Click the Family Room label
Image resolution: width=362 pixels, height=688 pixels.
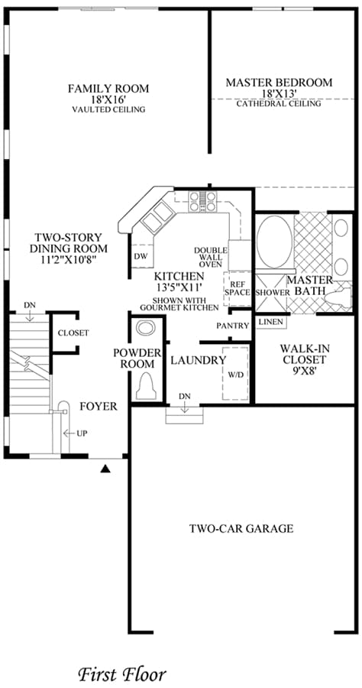pyautogui.click(x=108, y=89)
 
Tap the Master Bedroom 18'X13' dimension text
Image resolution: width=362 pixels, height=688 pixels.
pyautogui.click(x=280, y=93)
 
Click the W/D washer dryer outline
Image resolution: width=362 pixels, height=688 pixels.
pyautogui.click(x=235, y=373)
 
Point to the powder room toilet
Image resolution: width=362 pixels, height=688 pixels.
pyautogui.click(x=146, y=386)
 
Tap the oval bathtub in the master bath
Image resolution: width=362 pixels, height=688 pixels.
pyautogui.click(x=274, y=242)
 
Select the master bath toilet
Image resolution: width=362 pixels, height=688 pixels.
pyautogui.click(x=338, y=297)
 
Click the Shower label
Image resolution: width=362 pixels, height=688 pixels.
pyautogui.click(x=272, y=292)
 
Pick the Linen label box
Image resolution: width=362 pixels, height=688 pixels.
pyautogui.click(x=271, y=322)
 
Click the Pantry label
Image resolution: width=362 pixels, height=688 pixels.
pyautogui.click(x=233, y=326)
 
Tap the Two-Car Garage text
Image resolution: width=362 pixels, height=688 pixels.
pyautogui.click(x=241, y=528)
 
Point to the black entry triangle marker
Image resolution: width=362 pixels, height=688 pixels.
pyautogui.click(x=105, y=469)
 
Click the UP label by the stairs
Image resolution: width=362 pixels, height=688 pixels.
pyautogui.click(x=82, y=433)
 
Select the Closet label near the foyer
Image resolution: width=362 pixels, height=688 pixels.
pyautogui.click(x=73, y=333)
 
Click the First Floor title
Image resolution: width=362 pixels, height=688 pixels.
pyautogui.click(x=123, y=673)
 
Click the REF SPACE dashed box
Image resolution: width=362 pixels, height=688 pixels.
pyautogui.click(x=237, y=289)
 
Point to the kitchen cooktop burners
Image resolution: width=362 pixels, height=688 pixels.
pyautogui.click(x=202, y=201)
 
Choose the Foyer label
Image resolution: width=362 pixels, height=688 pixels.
pyautogui.click(x=99, y=407)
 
